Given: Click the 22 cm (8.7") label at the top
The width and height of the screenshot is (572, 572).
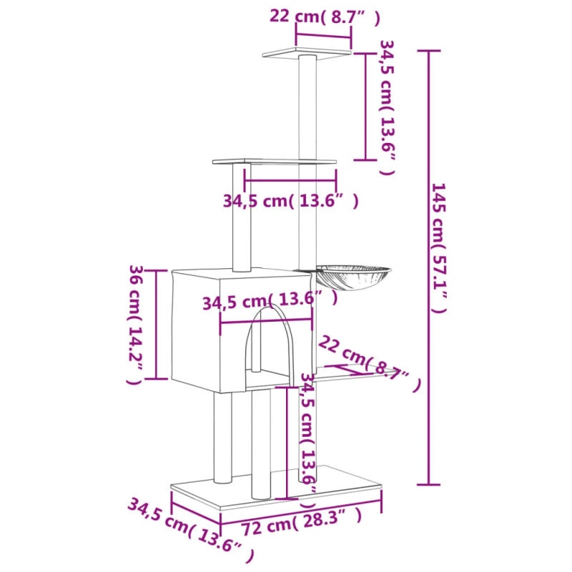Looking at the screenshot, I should click(325, 16).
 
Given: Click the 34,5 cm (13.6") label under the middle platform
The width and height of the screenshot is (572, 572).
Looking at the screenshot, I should click(290, 202).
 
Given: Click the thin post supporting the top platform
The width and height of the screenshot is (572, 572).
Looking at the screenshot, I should click(308, 107).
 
